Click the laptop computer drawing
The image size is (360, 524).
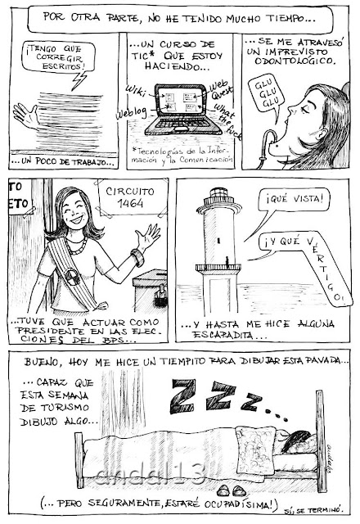pos(183,109)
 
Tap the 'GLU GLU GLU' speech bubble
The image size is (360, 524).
pos(267,96)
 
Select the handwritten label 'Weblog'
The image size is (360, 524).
pos(131,113)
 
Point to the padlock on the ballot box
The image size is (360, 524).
pos(161,296)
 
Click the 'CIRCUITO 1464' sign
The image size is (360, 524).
pos(130,197)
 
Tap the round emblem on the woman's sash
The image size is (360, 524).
pos(73,277)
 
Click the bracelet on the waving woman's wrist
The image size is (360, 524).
pos(137,257)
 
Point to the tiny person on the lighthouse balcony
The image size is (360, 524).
pos(227,262)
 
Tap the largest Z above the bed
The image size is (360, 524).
pos(182,396)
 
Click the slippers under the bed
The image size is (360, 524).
pos(231,490)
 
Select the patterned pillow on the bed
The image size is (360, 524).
pos(256,451)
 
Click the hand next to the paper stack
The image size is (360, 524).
pos(26,115)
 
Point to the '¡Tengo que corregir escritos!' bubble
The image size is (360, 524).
pos(57,57)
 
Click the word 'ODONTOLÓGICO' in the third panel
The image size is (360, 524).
pos(294,61)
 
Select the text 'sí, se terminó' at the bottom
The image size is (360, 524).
pos(313,510)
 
